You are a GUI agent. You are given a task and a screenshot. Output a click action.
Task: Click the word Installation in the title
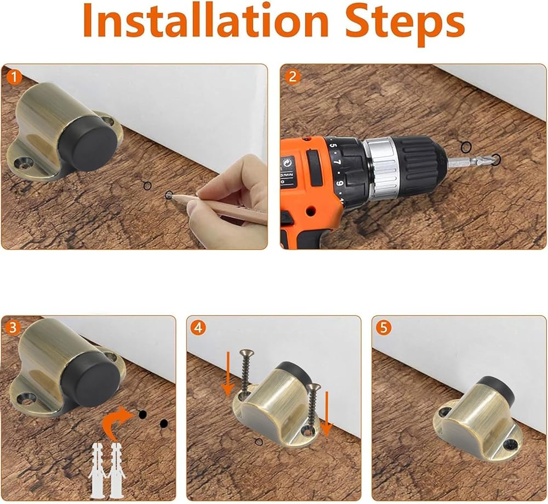206,21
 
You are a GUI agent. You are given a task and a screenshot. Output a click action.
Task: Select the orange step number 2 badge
293,77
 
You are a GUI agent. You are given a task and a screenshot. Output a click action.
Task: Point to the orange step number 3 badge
13,328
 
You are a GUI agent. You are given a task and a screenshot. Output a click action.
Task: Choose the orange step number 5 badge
384,328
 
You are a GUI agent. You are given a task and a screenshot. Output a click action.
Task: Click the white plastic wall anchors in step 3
106,471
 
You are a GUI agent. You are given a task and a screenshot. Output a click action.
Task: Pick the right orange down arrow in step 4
327,414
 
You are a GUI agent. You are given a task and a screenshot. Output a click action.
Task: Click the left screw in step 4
244,372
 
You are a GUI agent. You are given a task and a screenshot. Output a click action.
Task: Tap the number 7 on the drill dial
337,162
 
